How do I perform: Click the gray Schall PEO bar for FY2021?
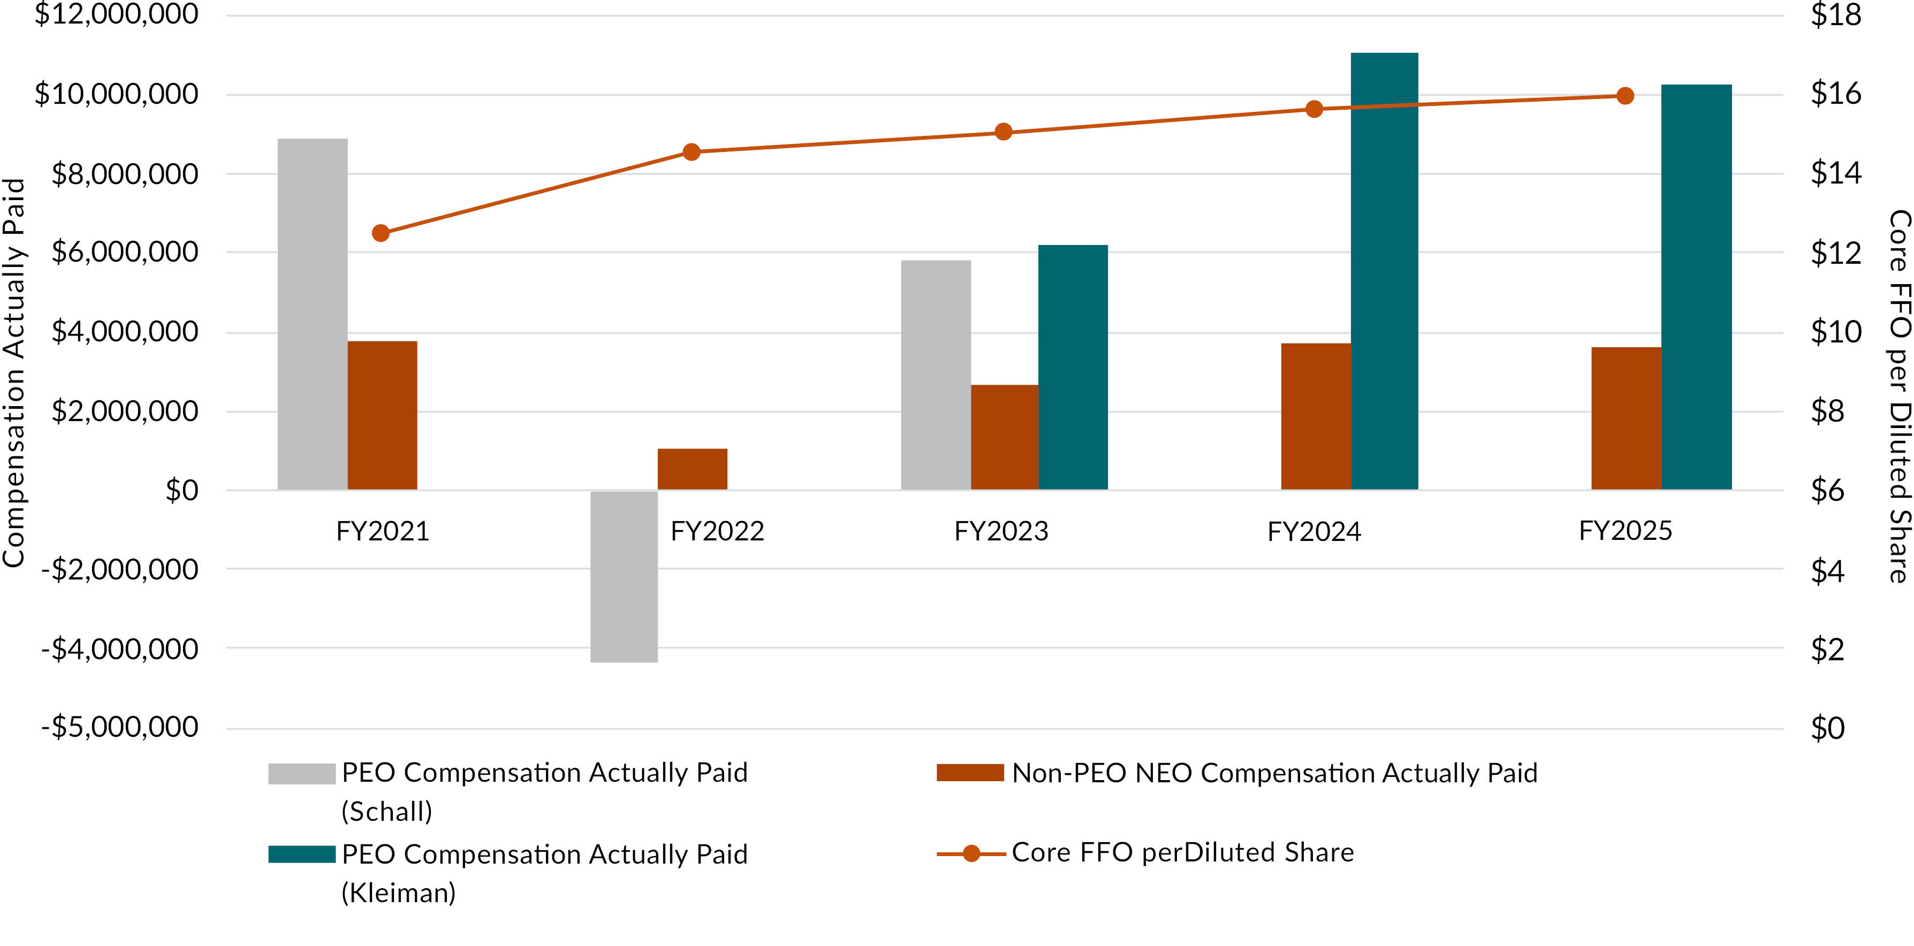[312, 314]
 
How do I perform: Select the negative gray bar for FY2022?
[624, 576]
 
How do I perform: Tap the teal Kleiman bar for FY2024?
[1384, 271]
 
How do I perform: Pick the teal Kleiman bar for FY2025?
[1696, 287]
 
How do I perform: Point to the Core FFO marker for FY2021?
[381, 233]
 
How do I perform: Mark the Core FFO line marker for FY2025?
[1625, 96]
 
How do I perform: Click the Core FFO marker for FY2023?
[1003, 132]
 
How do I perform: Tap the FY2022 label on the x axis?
[717, 532]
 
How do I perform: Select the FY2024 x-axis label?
[1313, 532]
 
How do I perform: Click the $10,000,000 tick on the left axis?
[117, 94]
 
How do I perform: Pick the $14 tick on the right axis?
[1835, 173]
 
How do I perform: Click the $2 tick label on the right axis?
[1827, 650]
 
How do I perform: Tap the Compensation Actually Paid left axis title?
[15, 373]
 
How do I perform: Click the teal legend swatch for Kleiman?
[302, 854]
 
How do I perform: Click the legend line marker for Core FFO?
[970, 854]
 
